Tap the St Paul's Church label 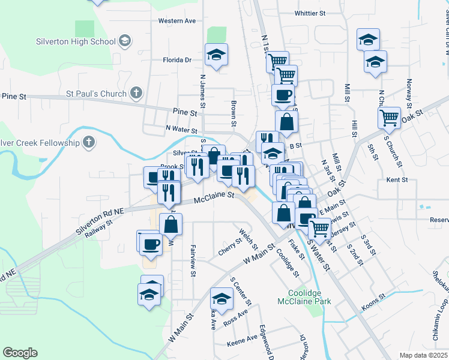(96, 94)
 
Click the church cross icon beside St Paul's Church (136, 93)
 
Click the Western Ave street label (177, 20)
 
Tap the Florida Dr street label (177, 60)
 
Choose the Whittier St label (310, 13)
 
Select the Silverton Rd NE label (100, 221)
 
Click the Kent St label (397, 179)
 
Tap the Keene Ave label (242, 344)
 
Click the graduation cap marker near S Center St (221, 298)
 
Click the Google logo (20, 353)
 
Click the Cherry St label (230, 247)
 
